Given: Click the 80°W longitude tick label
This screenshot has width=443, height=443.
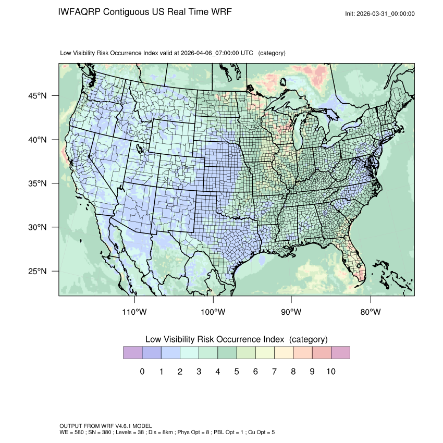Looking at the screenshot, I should (371, 312).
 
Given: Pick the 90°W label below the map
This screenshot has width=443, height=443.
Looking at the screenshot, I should (292, 312).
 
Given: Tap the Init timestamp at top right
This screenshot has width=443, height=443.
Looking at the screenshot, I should (380, 14).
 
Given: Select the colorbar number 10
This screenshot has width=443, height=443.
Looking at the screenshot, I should (331, 372).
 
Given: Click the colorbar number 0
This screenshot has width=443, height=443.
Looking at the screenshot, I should (142, 372).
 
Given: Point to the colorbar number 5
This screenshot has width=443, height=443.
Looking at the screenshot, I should (237, 372).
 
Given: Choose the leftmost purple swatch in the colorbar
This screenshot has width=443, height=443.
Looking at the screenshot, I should (132, 353).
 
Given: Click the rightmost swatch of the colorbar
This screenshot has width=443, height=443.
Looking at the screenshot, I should (340, 353).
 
